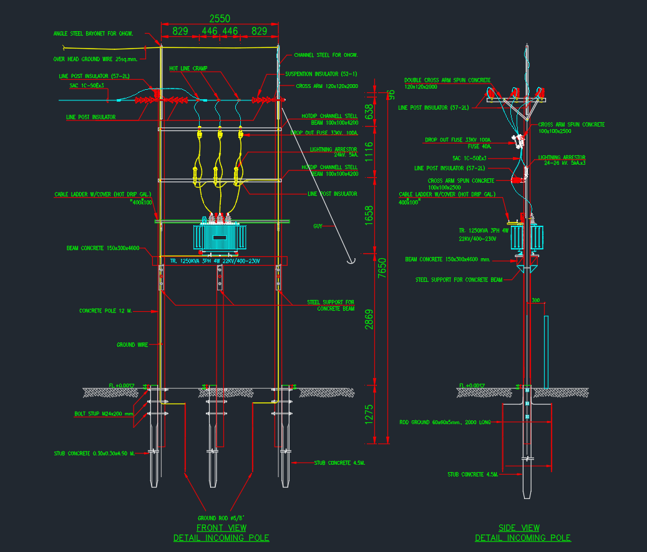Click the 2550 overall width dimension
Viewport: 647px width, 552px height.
pos(219,19)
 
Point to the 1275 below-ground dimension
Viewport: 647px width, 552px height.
pos(369,415)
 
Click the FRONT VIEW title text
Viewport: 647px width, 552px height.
pos(221,528)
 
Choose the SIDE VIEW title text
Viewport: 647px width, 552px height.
pos(519,528)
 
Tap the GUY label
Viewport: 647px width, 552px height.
pos(318,226)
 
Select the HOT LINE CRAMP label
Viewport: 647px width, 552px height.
pos(188,68)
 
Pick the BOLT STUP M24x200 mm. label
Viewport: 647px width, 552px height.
pos(100,414)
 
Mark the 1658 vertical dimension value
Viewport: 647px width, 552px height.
pos(369,216)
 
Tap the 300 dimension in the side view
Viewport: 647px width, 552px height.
pos(536,301)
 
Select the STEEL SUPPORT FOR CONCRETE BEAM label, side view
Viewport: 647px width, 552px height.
pos(459,280)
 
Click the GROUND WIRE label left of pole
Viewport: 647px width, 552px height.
pos(132,344)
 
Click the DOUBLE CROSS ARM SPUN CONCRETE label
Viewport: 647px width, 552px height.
pos(447,80)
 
